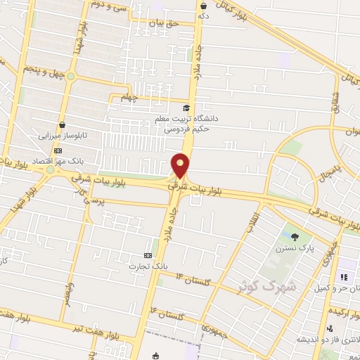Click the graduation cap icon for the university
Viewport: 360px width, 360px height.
pos(186,108)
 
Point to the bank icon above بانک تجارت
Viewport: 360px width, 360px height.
pos(148,255)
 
